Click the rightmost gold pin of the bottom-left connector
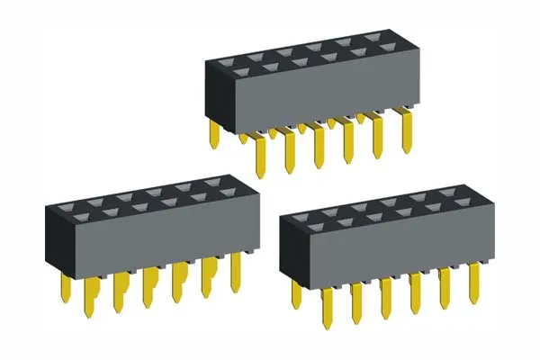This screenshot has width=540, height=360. tap(237, 272)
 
